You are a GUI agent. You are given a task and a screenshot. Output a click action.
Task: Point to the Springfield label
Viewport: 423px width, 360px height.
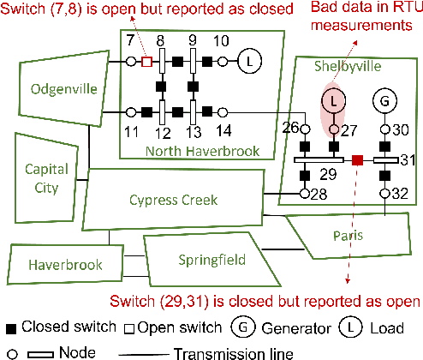[211, 258]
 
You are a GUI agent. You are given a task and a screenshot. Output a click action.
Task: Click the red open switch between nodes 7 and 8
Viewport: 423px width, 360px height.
[146, 62]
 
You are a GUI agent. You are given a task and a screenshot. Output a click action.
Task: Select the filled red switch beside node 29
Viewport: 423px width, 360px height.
[358, 159]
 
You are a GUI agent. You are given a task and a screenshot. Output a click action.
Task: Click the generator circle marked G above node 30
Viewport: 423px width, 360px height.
[384, 102]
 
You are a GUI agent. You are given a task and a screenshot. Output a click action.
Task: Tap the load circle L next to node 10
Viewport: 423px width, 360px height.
[247, 62]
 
